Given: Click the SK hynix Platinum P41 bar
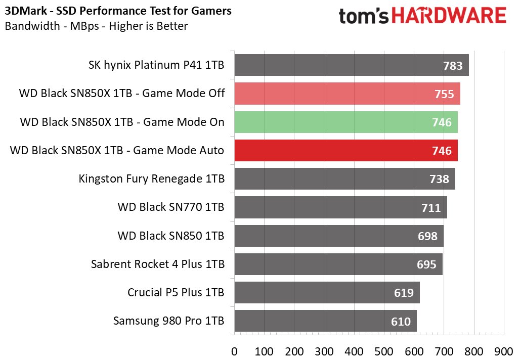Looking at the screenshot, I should click(x=351, y=65).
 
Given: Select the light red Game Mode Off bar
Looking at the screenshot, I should click(x=347, y=94).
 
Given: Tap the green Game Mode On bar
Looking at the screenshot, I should click(x=345, y=122).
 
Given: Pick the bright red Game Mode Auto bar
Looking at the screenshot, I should click(x=345, y=151).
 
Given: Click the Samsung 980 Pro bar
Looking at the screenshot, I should click(x=325, y=321).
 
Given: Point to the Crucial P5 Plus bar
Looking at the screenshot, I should click(x=327, y=293).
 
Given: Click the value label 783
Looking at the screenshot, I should click(x=453, y=66).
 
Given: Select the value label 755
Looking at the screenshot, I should click(x=444, y=94).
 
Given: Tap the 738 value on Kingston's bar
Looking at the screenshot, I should click(x=439, y=179).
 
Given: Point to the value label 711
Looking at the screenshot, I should click(x=431, y=207).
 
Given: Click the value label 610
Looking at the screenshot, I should click(x=401, y=321).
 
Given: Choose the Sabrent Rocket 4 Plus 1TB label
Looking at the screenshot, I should click(x=158, y=264).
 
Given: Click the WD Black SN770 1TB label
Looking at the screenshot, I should click(x=171, y=207).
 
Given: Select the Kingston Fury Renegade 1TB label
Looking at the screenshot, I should click(x=152, y=179).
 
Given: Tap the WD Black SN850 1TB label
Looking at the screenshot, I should click(x=171, y=236).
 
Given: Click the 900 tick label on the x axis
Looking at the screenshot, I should click(x=504, y=350).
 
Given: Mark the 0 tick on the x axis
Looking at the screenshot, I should click(x=234, y=350).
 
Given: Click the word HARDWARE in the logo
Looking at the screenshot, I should click(x=443, y=16).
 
